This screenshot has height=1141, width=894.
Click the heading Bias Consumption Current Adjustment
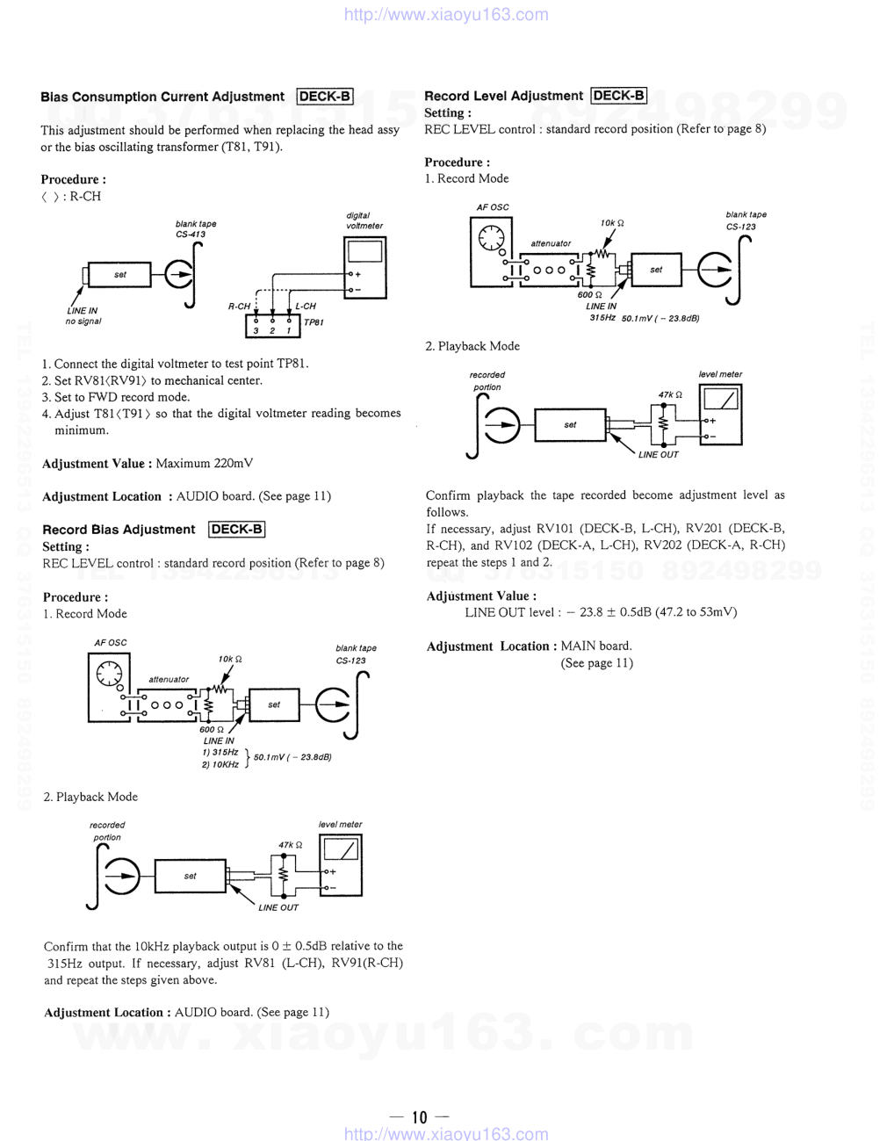tap(162, 97)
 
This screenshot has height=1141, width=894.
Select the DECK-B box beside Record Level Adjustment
tap(619, 96)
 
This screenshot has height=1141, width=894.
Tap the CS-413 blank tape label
tap(191, 235)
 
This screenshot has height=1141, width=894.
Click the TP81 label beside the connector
tap(314, 322)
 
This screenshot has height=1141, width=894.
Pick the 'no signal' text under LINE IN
tap(83, 321)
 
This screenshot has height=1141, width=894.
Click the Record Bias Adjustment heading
tap(119, 530)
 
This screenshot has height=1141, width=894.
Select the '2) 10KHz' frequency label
tap(220, 764)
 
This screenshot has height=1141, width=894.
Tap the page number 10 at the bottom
tap(419, 1117)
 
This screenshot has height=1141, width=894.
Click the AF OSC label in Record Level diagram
tap(493, 207)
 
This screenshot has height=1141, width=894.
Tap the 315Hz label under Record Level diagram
tap(602, 317)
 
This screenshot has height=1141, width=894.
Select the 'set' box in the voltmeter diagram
tap(120, 275)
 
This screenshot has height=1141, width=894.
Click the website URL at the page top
tap(446, 14)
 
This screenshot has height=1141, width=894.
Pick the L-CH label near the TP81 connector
tap(306, 307)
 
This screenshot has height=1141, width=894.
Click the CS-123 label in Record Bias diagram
tap(350, 661)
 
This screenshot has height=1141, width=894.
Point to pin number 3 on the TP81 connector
tap(256, 331)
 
